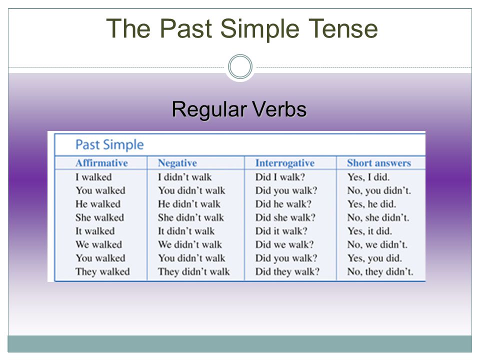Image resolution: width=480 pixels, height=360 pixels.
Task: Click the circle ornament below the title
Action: tap(240, 66)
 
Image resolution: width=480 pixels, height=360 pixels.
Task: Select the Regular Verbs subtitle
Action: tap(239, 109)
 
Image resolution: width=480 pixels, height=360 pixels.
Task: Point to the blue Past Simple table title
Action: tap(109, 144)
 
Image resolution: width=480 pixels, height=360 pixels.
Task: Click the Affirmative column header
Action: tap(101, 163)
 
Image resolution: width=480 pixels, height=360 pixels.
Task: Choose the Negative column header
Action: tap(177, 163)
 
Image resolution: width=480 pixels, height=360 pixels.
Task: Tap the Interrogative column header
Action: tap(285, 163)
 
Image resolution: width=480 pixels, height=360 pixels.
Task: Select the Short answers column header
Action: tap(379, 163)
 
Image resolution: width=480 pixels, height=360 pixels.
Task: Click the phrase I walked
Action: tap(93, 177)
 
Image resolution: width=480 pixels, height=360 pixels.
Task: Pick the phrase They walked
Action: tap(102, 271)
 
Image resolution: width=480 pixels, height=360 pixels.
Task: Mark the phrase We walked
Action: tap(99, 244)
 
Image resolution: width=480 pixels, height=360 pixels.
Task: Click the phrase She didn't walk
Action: tap(191, 217)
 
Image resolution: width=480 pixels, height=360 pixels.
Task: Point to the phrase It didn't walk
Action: tap(186, 231)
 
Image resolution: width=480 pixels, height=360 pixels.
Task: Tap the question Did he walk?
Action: tap(283, 204)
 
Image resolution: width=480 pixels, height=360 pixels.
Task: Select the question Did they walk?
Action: tap(287, 271)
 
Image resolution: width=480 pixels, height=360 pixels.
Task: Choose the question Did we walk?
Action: tap(284, 244)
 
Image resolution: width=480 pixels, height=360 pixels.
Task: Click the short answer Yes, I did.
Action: tap(368, 177)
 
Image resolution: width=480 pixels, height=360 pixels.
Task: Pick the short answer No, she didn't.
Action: tap(378, 217)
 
